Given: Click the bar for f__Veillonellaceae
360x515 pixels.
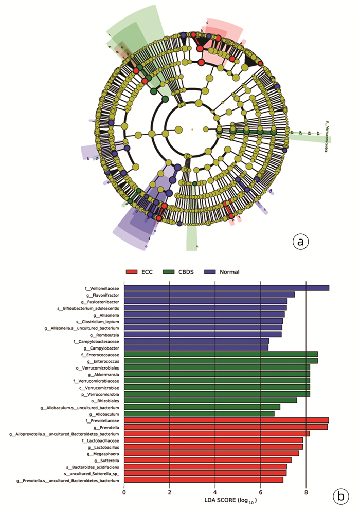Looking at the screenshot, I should pos(226,288).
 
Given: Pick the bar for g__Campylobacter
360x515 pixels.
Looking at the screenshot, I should pos(196,347).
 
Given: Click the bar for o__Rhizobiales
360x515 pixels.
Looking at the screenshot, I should pos(210,400).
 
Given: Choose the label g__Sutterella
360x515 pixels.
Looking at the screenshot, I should pos(106,460).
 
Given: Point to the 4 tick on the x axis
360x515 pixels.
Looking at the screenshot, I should pos(215,491).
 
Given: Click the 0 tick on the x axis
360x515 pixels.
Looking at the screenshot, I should pos(124,491).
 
